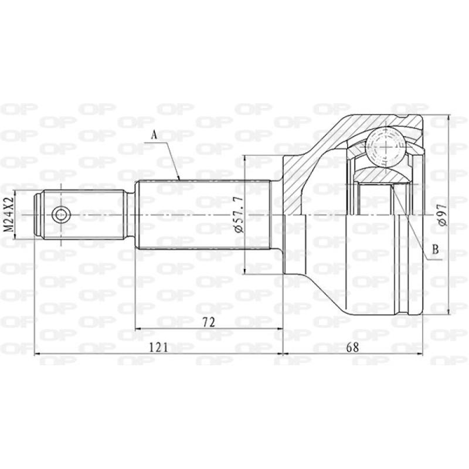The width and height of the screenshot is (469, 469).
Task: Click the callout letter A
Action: (x=154, y=135)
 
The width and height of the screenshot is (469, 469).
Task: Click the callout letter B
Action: (x=436, y=249)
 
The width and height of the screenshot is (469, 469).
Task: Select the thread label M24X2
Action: (x=9, y=215)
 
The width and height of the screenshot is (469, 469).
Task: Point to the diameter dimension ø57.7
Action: (x=240, y=214)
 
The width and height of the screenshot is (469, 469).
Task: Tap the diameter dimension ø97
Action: (x=443, y=215)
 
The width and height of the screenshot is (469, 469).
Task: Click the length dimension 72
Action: (x=209, y=322)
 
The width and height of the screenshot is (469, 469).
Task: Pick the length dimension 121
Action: (x=158, y=347)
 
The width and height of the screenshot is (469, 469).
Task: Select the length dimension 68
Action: (x=353, y=347)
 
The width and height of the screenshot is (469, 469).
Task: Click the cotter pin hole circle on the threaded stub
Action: (x=61, y=215)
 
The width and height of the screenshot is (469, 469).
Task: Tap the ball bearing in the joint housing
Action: (x=385, y=147)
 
